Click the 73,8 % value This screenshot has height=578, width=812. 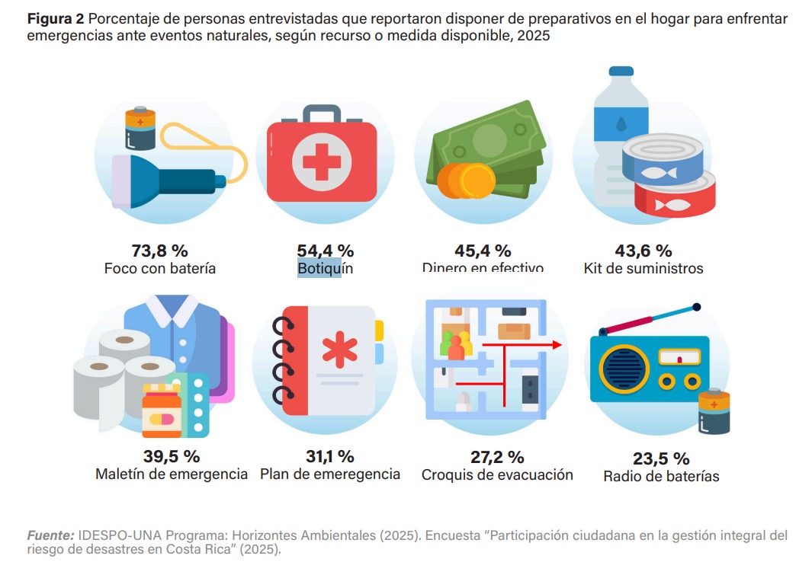pyautogui.click(x=160, y=251)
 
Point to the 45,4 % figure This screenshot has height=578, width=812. pyautogui.click(x=483, y=251)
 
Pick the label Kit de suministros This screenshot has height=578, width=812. pyautogui.click(x=644, y=268)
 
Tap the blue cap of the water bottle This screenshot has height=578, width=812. pyautogui.click(x=621, y=71)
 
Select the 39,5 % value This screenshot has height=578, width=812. pyautogui.click(x=172, y=457)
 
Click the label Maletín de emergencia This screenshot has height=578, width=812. pyautogui.click(x=172, y=474)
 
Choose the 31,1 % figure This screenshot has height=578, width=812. pyautogui.click(x=330, y=457)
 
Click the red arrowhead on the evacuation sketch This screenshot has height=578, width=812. pyautogui.click(x=557, y=345)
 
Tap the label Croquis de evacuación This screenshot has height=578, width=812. pyautogui.click(x=497, y=475)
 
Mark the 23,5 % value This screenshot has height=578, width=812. pyautogui.click(x=661, y=458)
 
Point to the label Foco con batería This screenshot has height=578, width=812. pyautogui.click(x=160, y=269)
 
